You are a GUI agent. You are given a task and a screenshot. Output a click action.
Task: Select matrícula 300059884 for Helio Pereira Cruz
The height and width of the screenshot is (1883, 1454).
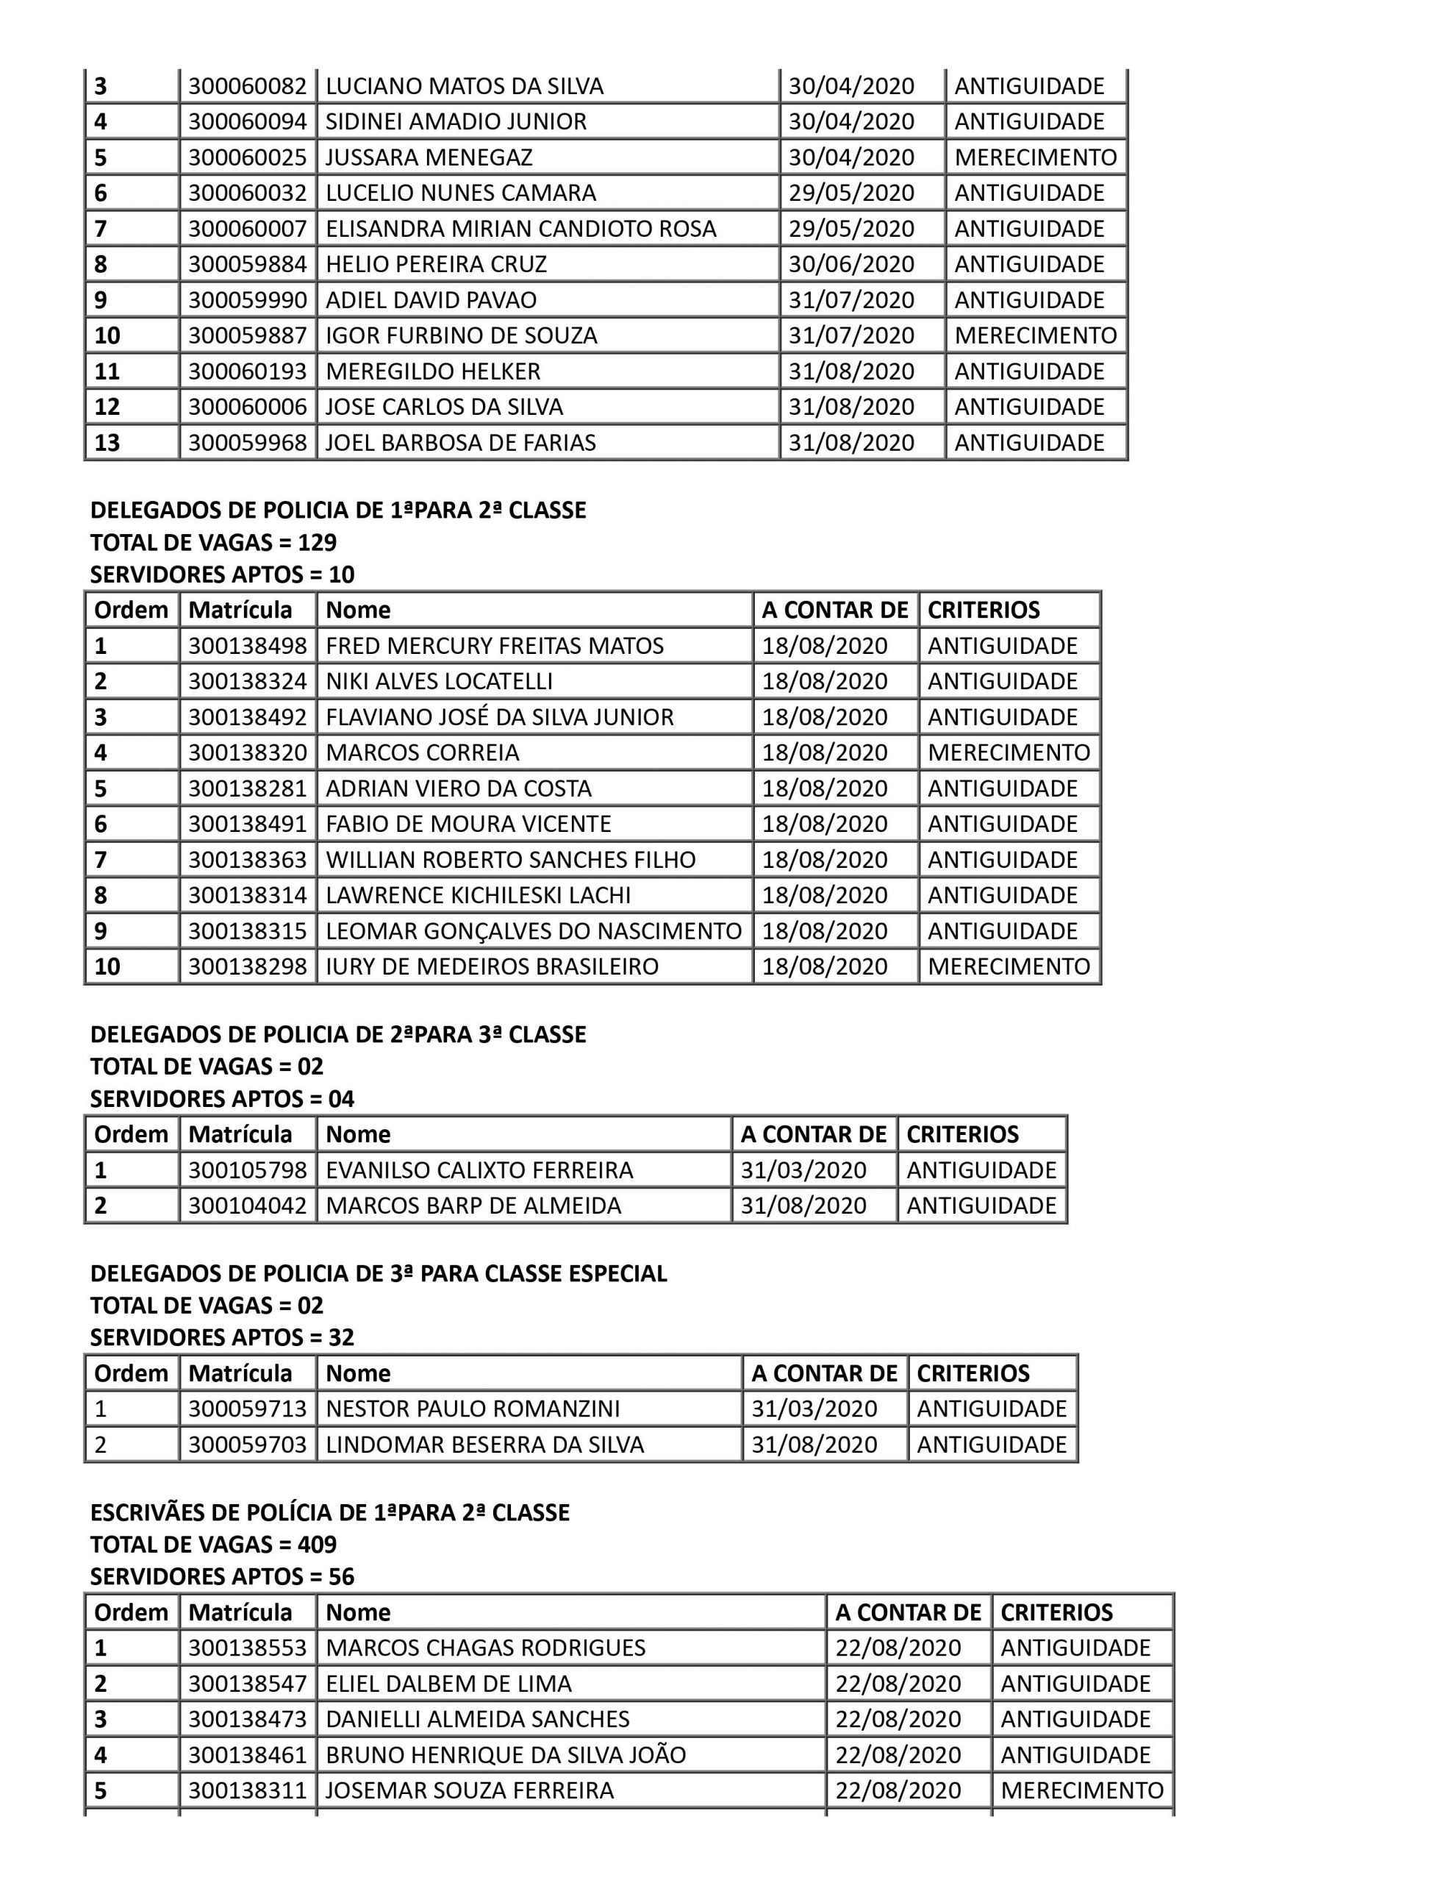point(248,264)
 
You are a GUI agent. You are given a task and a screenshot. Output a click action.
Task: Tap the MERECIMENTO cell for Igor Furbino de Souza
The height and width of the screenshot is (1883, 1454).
point(1035,335)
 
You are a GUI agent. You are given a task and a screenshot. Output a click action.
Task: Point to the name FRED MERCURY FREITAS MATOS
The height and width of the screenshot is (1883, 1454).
point(494,646)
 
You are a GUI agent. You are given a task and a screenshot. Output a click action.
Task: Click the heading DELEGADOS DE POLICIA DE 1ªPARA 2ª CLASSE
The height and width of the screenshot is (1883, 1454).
point(338,510)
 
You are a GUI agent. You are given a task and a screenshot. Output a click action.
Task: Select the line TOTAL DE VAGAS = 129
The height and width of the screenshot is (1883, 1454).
point(213,542)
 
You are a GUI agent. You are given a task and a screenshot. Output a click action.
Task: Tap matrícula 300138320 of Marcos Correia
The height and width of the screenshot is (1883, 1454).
point(248,752)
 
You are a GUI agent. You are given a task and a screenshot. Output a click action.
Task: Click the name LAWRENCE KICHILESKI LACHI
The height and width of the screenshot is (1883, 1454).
point(478,895)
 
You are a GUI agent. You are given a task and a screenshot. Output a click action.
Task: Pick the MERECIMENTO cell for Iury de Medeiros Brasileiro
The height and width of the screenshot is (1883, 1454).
point(1009,967)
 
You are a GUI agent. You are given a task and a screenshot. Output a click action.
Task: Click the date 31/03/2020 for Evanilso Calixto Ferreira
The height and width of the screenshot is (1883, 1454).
point(803,1170)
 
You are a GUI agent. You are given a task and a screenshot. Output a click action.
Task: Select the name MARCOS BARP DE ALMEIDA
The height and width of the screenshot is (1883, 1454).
point(473,1206)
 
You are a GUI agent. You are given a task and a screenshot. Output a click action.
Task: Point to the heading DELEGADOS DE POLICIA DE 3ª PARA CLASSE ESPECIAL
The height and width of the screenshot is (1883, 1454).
point(379,1273)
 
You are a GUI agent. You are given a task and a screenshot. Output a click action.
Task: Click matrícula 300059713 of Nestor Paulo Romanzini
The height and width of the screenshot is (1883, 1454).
point(248,1409)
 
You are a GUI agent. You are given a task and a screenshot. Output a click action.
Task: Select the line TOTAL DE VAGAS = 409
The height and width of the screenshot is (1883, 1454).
point(213,1544)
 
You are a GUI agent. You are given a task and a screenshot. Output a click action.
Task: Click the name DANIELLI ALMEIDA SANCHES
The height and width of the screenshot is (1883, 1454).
point(478,1718)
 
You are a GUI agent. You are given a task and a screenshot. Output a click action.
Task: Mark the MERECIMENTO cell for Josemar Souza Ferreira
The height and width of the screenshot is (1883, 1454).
point(1081,1790)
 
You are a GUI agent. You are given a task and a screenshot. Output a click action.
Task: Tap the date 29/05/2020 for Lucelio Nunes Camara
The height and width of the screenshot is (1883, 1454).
point(850,193)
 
